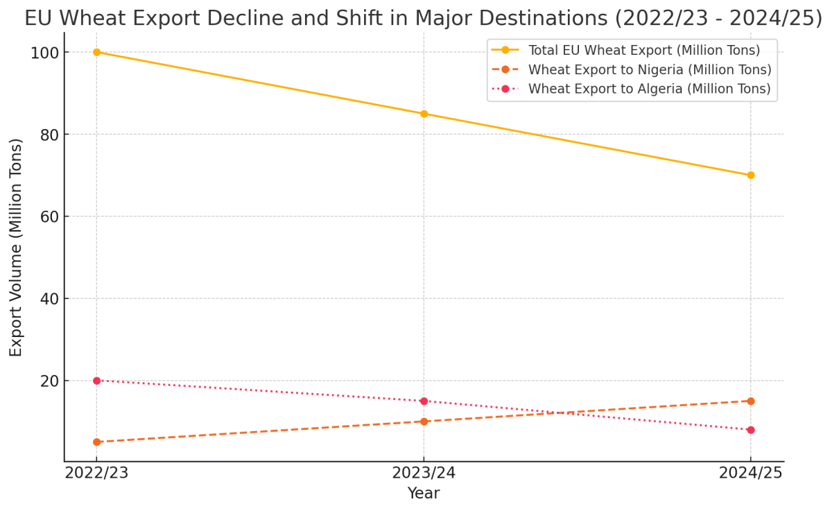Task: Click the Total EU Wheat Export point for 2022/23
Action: point(96,52)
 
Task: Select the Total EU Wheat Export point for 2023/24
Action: point(424,114)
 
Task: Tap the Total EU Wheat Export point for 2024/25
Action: point(750,175)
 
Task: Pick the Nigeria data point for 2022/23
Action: point(96,442)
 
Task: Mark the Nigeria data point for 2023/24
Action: point(424,422)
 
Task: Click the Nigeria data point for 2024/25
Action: point(750,401)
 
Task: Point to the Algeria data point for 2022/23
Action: point(96,381)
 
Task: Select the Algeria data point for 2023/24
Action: point(424,401)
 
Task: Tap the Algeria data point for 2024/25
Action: point(750,430)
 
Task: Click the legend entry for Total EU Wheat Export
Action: point(643,51)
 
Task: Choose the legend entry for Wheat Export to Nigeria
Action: point(649,70)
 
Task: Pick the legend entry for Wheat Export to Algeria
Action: point(649,89)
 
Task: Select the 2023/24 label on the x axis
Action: point(424,474)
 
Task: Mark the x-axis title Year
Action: point(423,494)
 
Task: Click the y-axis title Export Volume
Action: point(16,247)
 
